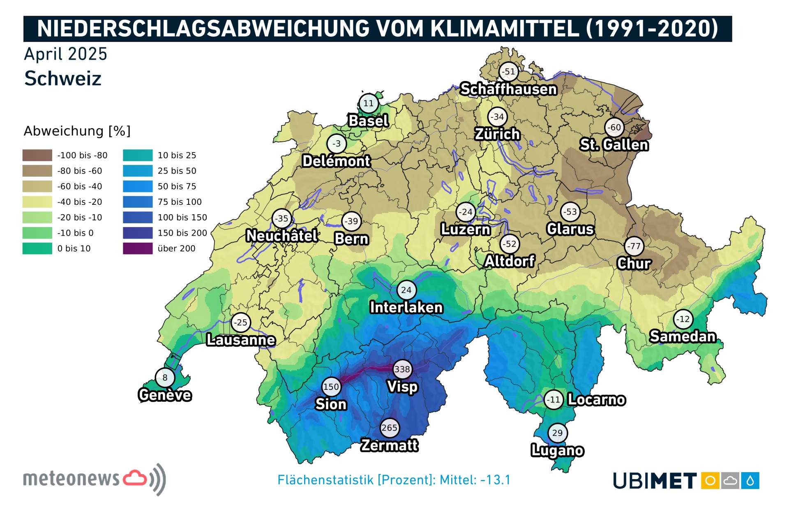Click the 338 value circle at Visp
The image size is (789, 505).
(x=402, y=369)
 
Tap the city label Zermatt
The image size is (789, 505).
(x=389, y=445)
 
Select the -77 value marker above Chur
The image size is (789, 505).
(x=634, y=246)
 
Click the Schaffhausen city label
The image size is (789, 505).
(x=508, y=89)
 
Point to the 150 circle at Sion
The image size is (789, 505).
(x=331, y=387)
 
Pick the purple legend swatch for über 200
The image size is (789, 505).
(x=138, y=248)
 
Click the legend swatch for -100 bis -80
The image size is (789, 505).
(x=37, y=155)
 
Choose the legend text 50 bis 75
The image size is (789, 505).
(x=177, y=186)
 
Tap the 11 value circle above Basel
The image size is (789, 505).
(x=368, y=103)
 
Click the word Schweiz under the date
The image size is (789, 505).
(x=63, y=79)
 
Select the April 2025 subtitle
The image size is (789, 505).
(x=66, y=54)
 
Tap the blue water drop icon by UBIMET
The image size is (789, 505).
(x=750, y=480)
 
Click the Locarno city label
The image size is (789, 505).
(x=596, y=399)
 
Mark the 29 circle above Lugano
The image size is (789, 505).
(x=557, y=433)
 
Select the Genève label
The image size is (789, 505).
(x=165, y=395)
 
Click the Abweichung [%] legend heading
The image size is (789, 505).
(x=77, y=131)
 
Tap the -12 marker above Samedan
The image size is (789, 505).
(x=683, y=319)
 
